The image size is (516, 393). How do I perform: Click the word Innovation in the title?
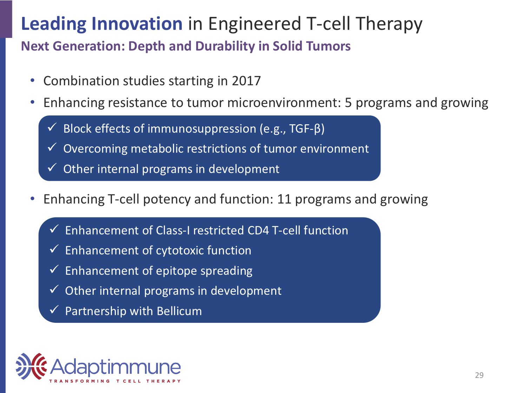137,24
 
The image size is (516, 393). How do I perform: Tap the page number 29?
479,375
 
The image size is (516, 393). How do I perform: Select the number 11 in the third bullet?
284,199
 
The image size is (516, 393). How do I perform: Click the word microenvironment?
284,103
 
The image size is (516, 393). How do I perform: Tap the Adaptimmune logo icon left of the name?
31,366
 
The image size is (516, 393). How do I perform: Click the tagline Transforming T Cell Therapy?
115,381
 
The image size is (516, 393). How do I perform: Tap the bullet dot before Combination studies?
32,80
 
